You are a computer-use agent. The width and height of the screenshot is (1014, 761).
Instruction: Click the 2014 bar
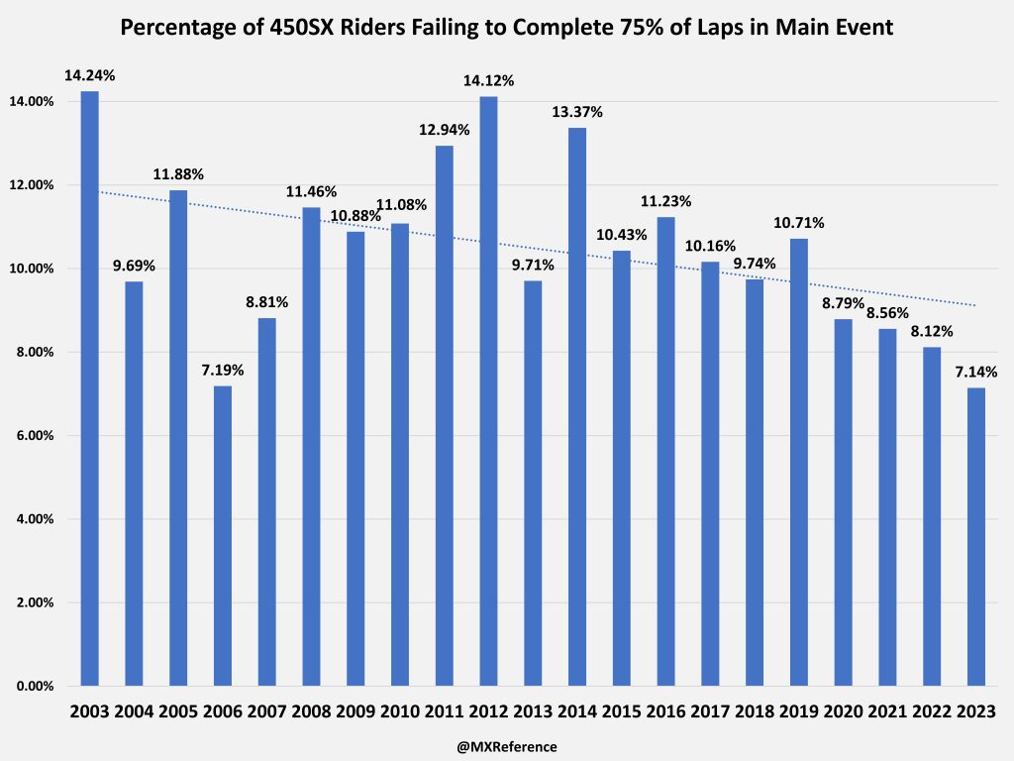[x=576, y=406]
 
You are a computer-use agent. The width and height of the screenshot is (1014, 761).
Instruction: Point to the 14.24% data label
[x=89, y=74]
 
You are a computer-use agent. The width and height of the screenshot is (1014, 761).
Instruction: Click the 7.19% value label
[x=222, y=370]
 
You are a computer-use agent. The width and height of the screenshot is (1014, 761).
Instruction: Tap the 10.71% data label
[x=798, y=222]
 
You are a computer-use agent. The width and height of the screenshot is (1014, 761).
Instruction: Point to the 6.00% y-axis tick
[x=35, y=436]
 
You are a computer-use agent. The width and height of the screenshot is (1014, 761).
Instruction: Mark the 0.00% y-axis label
[x=35, y=686]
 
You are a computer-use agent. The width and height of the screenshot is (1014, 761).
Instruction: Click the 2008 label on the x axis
[x=311, y=712]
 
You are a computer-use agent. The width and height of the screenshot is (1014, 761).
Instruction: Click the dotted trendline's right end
[x=975, y=305]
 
